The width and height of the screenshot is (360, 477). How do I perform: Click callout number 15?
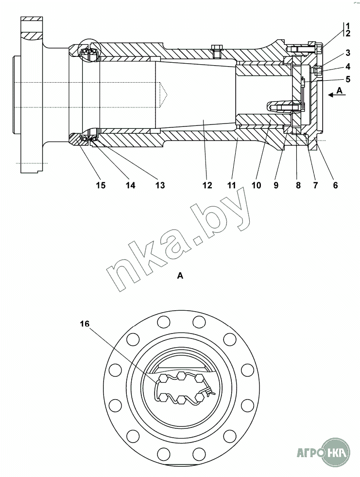[x=101, y=185]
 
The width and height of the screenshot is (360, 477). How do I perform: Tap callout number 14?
[x=130, y=185]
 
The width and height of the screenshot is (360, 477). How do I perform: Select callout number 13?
[x=160, y=185]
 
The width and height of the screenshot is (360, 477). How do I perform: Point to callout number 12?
[x=207, y=185]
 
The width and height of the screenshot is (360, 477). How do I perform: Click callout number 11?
[x=232, y=185]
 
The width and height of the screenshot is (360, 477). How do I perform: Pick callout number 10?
[x=257, y=185]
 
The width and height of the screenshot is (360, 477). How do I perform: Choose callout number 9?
[x=276, y=185]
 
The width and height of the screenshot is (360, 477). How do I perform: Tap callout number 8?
[x=298, y=185]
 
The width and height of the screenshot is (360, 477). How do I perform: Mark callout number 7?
[x=315, y=185]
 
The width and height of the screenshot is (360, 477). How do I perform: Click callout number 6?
[x=335, y=185]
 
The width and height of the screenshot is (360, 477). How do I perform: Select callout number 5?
[x=348, y=79]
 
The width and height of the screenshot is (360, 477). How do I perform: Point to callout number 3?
[x=348, y=53]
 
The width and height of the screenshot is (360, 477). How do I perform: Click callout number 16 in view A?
[x=85, y=324]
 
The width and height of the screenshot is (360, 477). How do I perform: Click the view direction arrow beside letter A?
[x=337, y=95]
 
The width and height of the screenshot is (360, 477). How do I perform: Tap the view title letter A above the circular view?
[x=180, y=276]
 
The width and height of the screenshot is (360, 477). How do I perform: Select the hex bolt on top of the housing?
[x=217, y=51]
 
